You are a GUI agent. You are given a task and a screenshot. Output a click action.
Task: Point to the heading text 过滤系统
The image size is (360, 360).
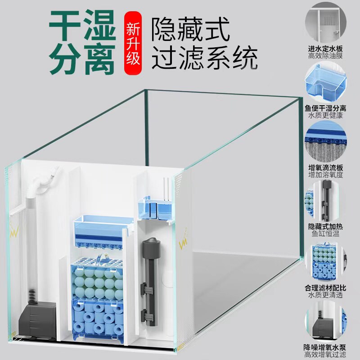[205, 59]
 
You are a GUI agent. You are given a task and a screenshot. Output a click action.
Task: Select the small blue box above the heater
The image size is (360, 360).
[154, 207]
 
